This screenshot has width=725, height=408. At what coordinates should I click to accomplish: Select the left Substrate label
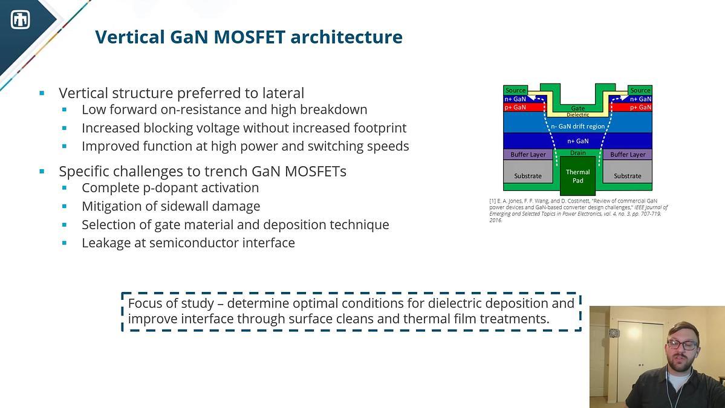(x=527, y=176)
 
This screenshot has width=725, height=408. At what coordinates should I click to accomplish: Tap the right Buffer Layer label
(x=628, y=154)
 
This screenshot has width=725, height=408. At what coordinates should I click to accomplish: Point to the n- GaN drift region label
(x=577, y=126)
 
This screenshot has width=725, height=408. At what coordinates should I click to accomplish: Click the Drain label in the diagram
(x=577, y=153)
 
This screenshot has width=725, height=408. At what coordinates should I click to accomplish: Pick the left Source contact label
(x=515, y=90)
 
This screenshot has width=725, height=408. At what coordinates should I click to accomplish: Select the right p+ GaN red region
(x=632, y=107)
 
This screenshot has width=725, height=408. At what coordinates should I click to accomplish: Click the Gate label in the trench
(x=577, y=108)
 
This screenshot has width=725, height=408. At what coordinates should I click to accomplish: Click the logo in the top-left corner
(x=21, y=20)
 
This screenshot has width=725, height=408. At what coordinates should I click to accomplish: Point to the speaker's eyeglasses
(x=682, y=345)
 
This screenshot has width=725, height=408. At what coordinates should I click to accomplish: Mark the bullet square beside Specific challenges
(x=42, y=172)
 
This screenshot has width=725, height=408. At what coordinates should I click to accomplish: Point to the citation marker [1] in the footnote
(x=493, y=201)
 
